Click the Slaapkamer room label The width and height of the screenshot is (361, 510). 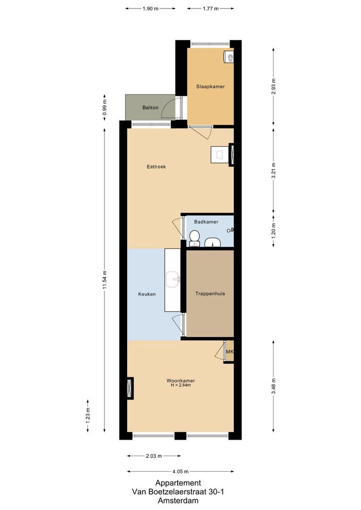(x=210, y=86)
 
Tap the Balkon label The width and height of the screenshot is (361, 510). (x=150, y=108)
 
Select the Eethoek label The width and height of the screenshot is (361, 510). (x=156, y=167)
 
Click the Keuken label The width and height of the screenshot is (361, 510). (x=147, y=294)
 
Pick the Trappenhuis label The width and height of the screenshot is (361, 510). (x=210, y=293)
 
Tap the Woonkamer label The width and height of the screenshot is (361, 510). (x=180, y=381)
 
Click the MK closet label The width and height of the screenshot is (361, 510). (x=230, y=352)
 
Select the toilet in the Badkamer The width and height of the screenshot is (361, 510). (x=193, y=239)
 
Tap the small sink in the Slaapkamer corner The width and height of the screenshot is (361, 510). (x=229, y=57)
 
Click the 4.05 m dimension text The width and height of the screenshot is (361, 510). (x=180, y=471)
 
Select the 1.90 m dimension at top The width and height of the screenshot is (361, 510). (x=150, y=8)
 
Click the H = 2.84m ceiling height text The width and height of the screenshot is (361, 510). (x=180, y=385)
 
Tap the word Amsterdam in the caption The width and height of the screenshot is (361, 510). (x=178, y=501)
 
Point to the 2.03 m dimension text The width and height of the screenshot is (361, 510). (x=153, y=456)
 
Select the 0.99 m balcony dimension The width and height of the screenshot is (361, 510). (x=105, y=107)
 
